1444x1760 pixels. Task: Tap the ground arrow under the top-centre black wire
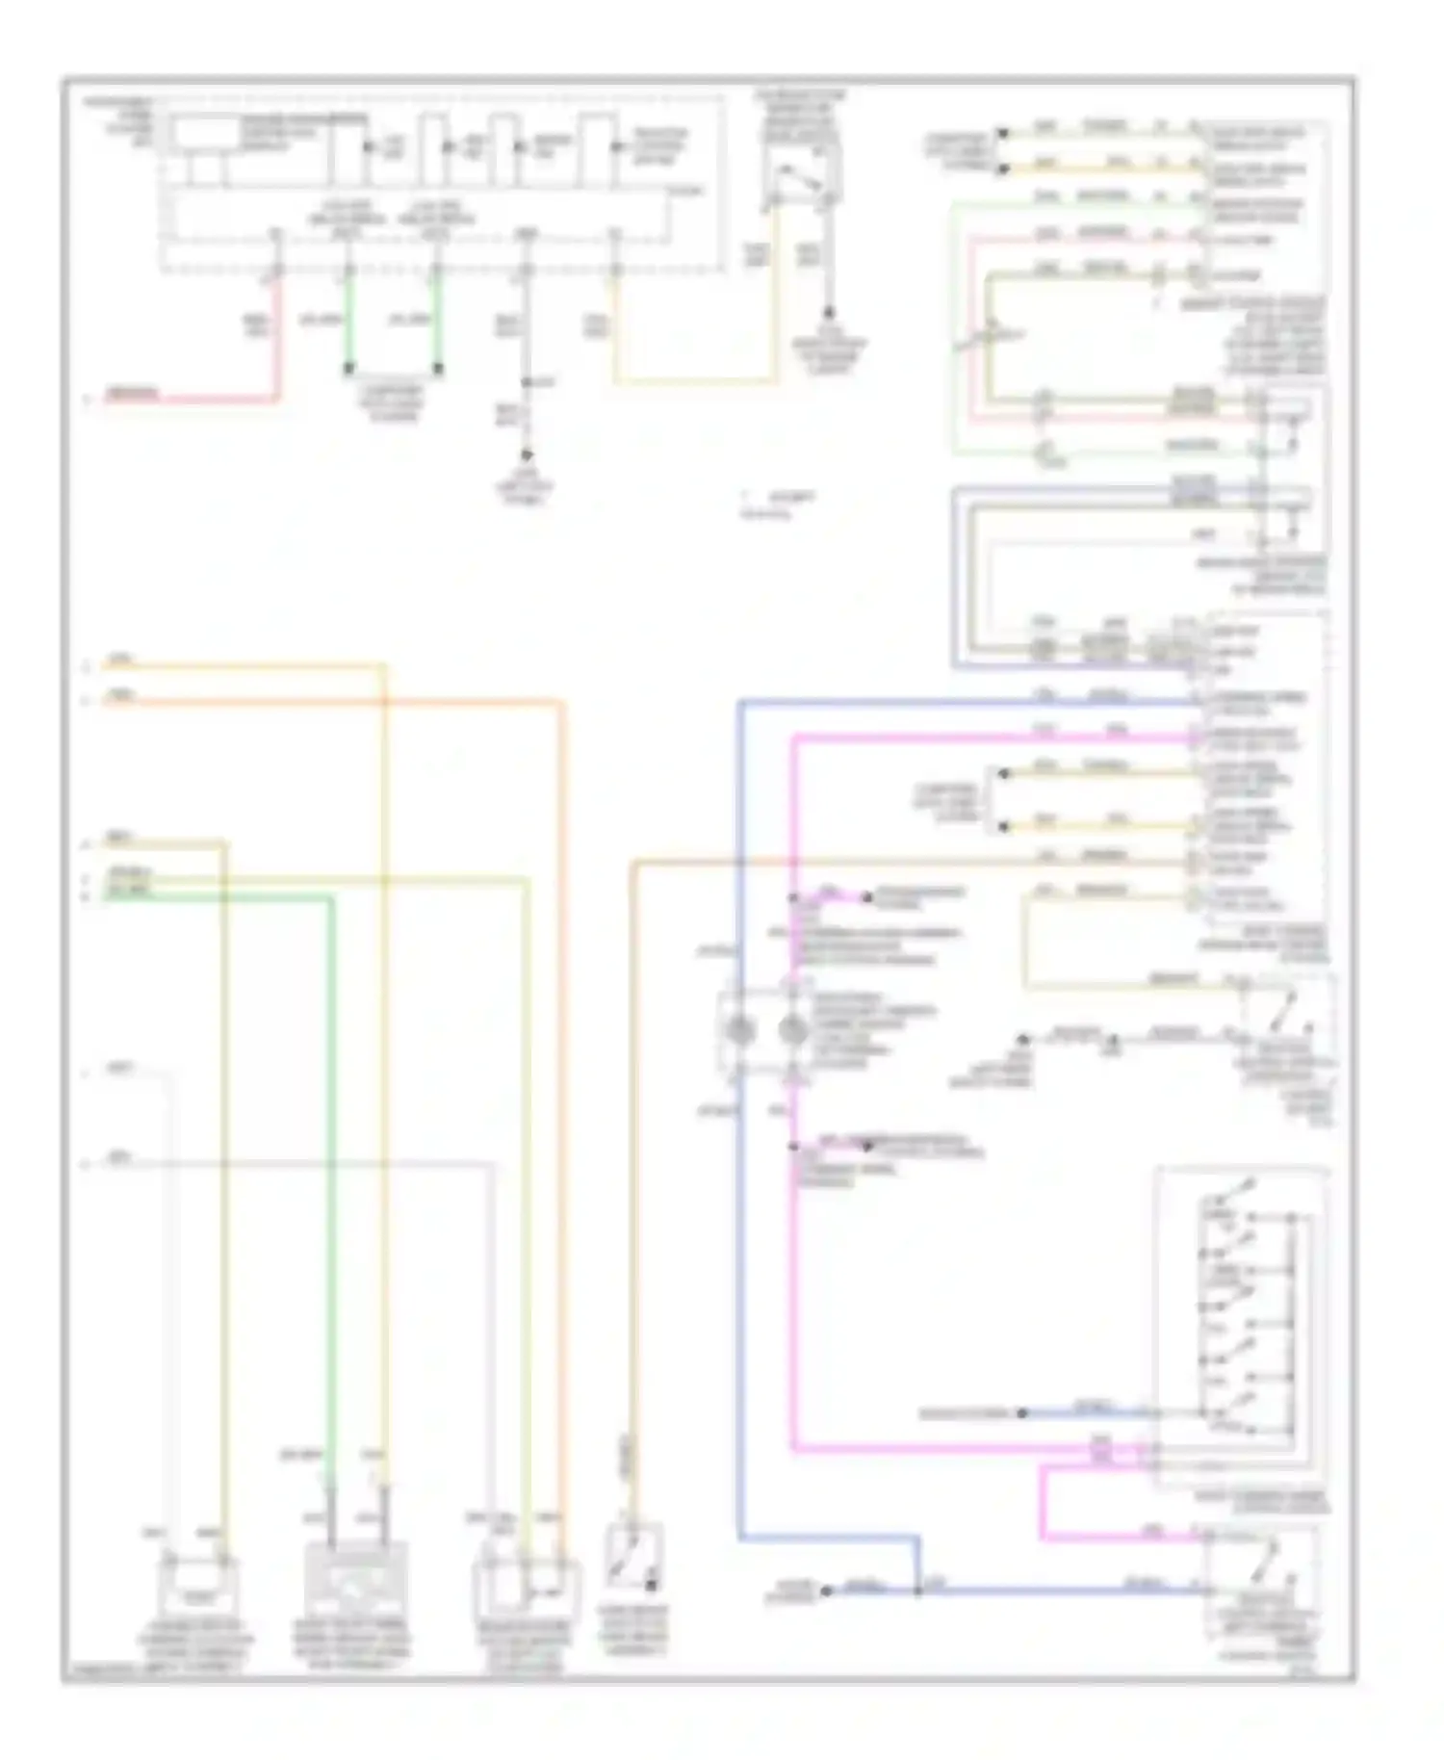(x=526, y=454)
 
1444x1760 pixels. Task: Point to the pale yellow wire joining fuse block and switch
(x=693, y=381)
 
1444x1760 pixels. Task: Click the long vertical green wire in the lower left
(x=331, y=1155)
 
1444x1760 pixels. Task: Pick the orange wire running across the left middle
(x=337, y=703)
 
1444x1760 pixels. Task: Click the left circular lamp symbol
(x=739, y=1030)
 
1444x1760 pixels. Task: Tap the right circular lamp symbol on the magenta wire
(x=792, y=1030)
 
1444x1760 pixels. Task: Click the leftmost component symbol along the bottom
(x=197, y=1584)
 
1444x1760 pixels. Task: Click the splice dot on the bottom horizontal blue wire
(x=918, y=1592)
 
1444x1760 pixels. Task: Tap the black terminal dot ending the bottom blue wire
(x=826, y=1592)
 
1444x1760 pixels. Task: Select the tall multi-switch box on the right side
(x=1242, y=1329)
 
